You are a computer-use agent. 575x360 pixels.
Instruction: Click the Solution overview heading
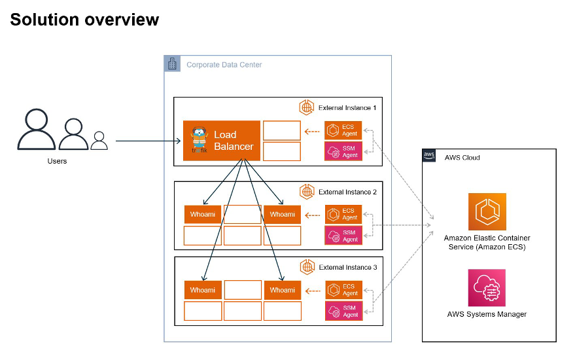click(84, 20)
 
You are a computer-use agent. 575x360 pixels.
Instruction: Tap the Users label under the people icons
click(57, 161)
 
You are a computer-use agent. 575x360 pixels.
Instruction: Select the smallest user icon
click(99, 140)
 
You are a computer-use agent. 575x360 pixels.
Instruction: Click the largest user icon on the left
click(37, 130)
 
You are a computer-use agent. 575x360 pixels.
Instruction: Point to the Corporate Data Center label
click(224, 65)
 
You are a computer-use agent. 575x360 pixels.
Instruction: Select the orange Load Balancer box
click(222, 141)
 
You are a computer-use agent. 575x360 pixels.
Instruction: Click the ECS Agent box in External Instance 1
click(343, 130)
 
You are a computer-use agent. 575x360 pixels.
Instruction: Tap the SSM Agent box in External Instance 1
click(343, 151)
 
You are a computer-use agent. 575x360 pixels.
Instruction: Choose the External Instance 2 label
click(347, 192)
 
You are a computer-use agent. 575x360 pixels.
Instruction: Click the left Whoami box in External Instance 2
click(202, 214)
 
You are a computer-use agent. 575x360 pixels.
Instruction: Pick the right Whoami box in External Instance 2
click(282, 214)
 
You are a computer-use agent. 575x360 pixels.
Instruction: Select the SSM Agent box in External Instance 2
click(343, 236)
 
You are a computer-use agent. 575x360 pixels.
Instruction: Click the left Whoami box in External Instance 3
click(202, 290)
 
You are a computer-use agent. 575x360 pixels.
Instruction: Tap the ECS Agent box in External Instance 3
click(343, 290)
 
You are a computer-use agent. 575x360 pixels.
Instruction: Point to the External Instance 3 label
click(347, 267)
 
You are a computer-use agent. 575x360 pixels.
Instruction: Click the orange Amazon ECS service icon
click(487, 212)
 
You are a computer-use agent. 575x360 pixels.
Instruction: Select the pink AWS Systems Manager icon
click(487, 288)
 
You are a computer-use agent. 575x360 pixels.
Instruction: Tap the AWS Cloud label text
click(462, 158)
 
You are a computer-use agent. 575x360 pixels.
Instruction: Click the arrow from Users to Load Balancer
click(147, 141)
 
